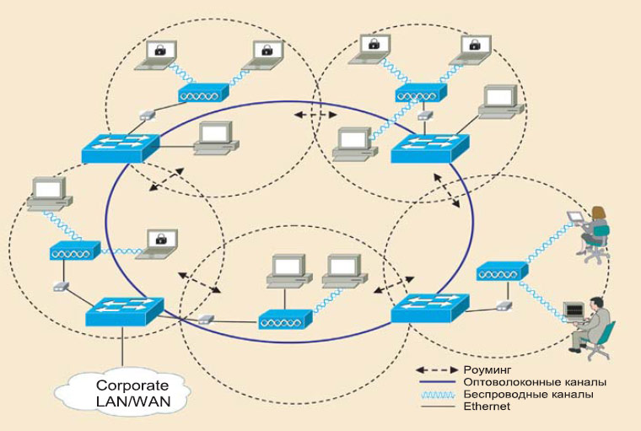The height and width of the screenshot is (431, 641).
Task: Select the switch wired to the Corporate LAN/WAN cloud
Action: point(122,311)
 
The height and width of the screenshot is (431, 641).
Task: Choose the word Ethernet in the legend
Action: point(487,406)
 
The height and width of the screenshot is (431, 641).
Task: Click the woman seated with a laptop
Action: point(596,232)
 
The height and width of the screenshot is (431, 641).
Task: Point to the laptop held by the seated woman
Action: point(576,217)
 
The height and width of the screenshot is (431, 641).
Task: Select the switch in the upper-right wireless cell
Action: point(428,147)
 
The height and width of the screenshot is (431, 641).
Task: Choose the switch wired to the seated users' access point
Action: point(428,307)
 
